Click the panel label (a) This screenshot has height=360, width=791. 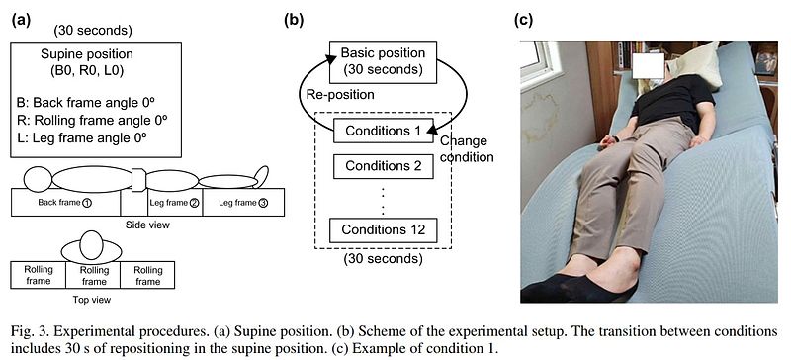point(21,20)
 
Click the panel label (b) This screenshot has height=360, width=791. point(294,20)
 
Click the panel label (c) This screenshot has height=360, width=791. point(523,20)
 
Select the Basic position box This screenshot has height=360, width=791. point(383,61)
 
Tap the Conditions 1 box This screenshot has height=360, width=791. point(383,131)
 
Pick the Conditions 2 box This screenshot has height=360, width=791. point(383,165)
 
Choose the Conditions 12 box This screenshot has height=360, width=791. point(383,229)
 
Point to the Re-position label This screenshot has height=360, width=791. point(340,94)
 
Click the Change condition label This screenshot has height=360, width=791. point(466,149)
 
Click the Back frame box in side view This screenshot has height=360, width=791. point(65,203)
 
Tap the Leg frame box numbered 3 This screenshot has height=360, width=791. point(243,203)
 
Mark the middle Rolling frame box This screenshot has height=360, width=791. point(93,275)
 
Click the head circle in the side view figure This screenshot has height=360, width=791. point(38,179)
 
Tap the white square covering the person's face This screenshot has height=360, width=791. point(649,66)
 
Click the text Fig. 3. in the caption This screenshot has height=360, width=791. point(28,332)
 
